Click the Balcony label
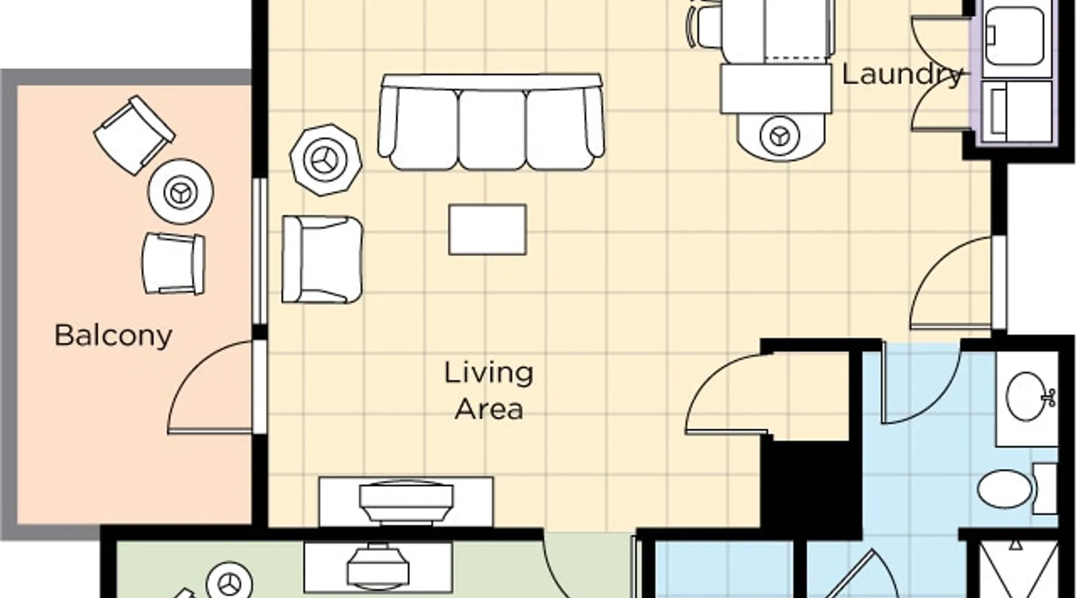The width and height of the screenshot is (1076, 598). (113, 335)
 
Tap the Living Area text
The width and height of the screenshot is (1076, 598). (489, 391)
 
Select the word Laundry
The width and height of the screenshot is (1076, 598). (902, 74)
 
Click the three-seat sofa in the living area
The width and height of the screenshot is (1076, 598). (491, 122)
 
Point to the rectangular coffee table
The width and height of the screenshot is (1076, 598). (488, 230)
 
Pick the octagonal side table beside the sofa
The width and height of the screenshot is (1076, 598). (326, 160)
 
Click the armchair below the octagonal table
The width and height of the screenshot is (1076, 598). (322, 259)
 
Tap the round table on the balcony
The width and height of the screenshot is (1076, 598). (181, 191)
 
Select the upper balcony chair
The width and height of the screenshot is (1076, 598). (134, 135)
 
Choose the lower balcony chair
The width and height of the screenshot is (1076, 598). (173, 263)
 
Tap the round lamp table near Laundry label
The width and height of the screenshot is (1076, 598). (780, 135)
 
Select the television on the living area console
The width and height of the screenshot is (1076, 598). (406, 501)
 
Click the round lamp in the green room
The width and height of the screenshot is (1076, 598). (229, 581)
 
